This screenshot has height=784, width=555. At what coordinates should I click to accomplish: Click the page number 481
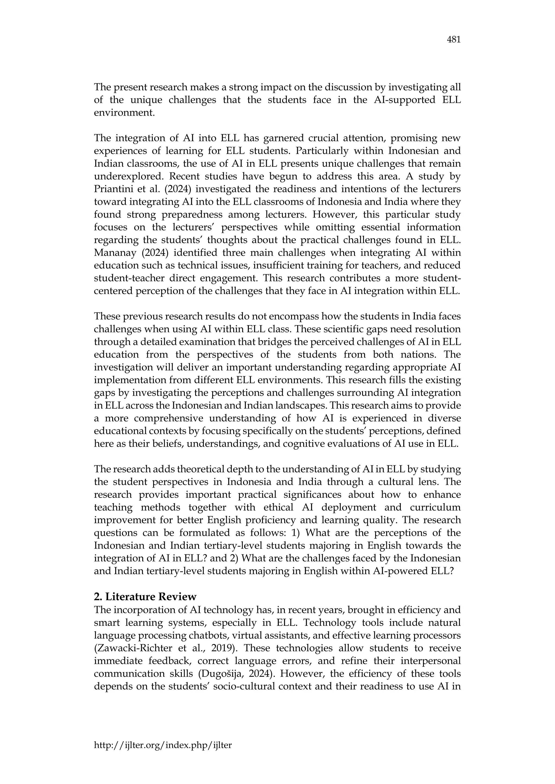point(453,40)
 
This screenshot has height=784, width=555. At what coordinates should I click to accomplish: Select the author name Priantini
point(113,189)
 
